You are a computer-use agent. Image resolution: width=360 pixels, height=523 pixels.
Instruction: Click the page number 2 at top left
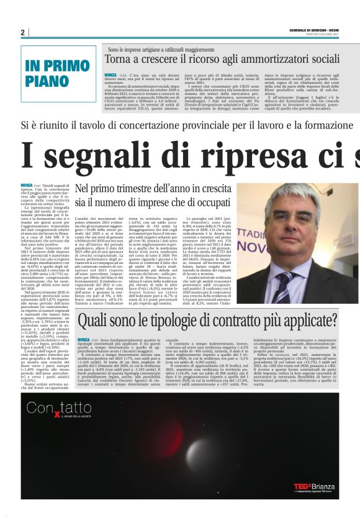pos(22,32)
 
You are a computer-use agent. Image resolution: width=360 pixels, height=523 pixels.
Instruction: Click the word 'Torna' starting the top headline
pos(120,60)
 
